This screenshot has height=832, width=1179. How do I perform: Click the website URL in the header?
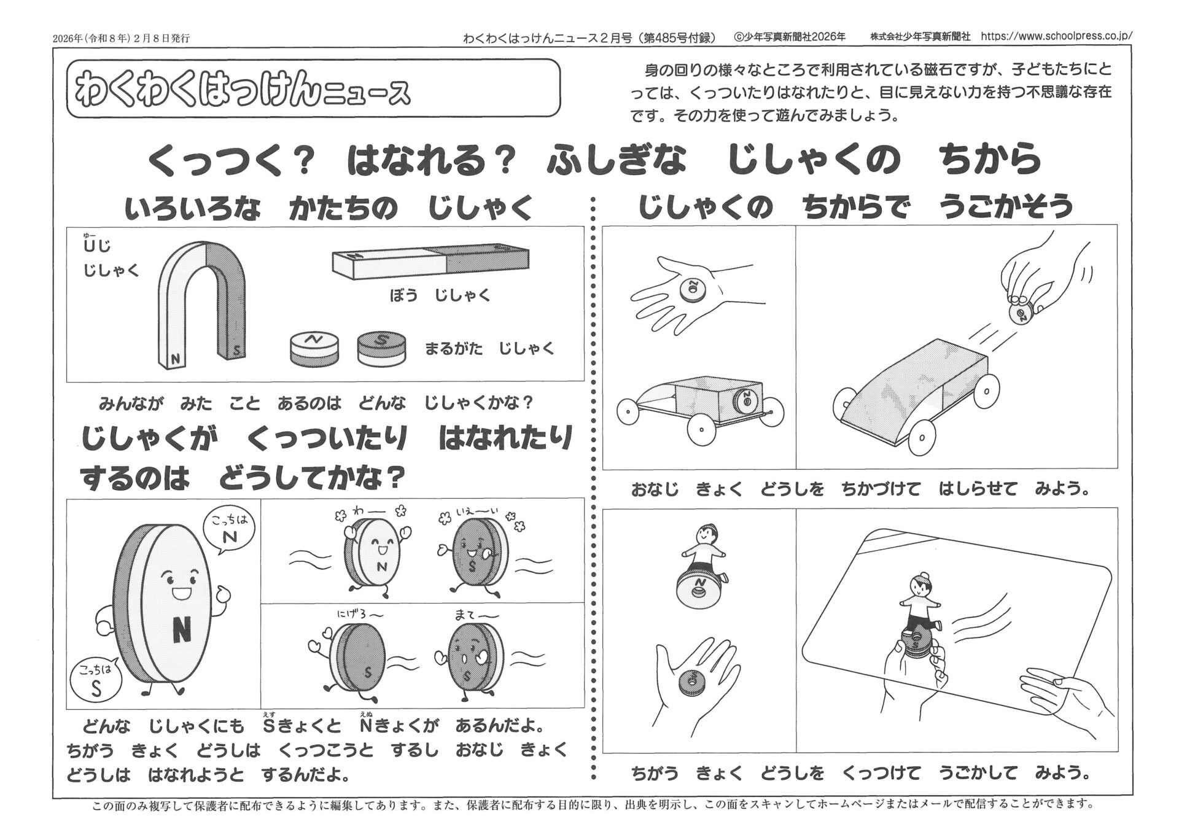[1056, 36]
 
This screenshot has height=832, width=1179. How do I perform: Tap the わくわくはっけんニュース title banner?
[313, 88]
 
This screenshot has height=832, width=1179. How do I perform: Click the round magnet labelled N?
[314, 349]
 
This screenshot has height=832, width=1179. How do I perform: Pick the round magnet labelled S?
[381, 349]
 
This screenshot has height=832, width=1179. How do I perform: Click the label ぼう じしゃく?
[440, 295]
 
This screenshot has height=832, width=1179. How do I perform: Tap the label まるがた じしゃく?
[489, 349]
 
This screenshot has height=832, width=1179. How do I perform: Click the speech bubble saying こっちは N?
[228, 531]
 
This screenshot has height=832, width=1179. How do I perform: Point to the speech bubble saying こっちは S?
[95, 679]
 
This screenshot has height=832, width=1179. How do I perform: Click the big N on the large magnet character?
[182, 629]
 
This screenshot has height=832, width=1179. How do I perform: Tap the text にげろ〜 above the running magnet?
[361, 615]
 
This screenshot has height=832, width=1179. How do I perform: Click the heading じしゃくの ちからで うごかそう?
[856, 206]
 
